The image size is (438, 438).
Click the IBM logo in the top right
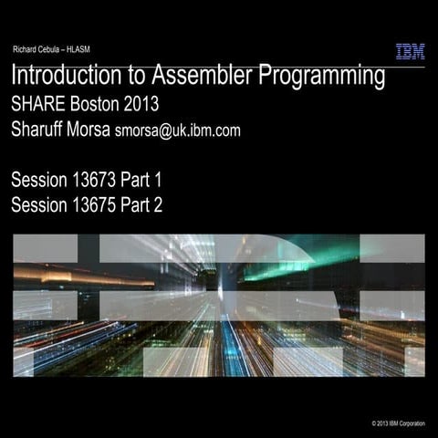[x=410, y=52]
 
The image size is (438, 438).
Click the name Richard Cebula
[x=38, y=48]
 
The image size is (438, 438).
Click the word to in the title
[x=144, y=77]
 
